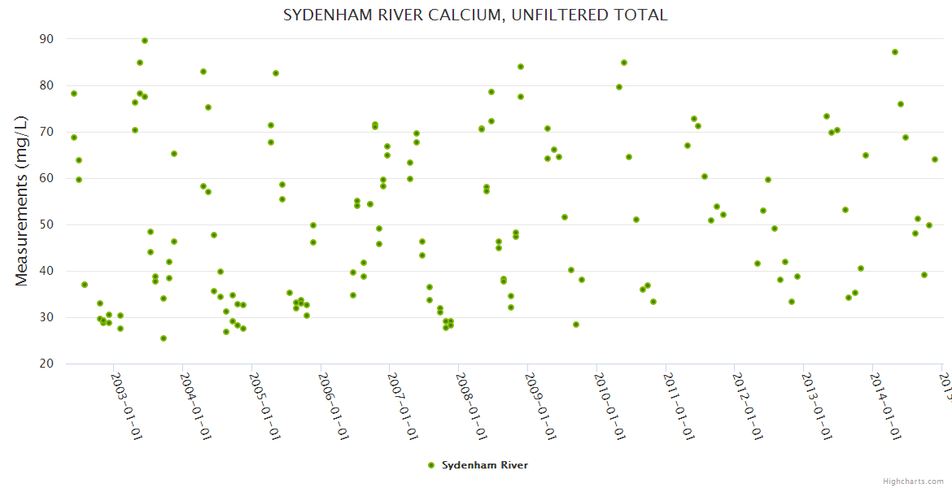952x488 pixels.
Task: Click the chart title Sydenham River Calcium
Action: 475,15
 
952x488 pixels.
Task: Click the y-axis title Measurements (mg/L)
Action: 22,201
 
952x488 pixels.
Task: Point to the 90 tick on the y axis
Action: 46,39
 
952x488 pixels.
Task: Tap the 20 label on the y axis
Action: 46,364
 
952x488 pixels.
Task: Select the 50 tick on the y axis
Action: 46,224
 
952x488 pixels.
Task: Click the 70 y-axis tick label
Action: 46,132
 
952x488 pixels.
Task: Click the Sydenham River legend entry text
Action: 485,465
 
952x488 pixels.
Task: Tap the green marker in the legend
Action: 431,465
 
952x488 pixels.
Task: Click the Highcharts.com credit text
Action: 914,481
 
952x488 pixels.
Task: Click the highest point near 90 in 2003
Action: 145,41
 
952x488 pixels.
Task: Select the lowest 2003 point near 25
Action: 164,338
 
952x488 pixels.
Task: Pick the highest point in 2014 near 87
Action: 895,52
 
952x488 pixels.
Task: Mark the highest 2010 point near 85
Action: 624,63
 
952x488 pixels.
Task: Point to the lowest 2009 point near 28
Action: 576,325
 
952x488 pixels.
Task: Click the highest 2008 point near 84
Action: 521,67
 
